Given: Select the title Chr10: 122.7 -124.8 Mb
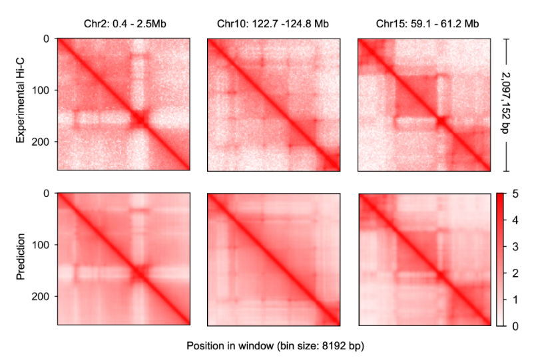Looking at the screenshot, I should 273,24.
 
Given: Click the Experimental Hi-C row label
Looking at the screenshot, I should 21,104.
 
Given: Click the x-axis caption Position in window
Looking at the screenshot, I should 276,346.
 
